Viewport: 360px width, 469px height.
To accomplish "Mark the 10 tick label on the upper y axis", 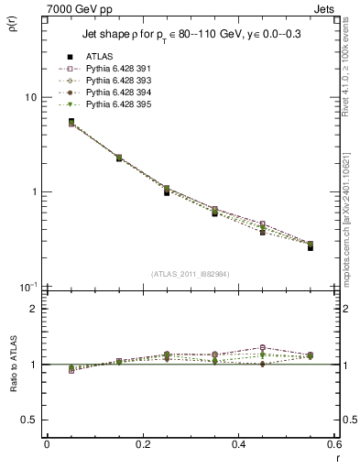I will pyautogui.click(x=30, y=97).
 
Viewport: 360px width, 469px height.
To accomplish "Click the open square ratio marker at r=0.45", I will pyautogui.click(x=263, y=348).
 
